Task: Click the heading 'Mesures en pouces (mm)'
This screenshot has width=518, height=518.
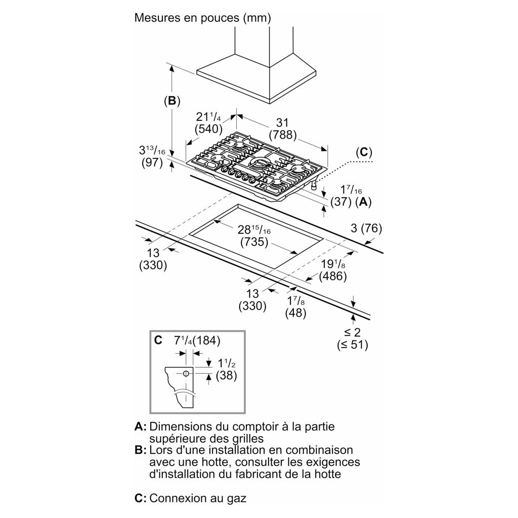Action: point(202,19)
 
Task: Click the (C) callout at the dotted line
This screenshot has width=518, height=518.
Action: point(363,152)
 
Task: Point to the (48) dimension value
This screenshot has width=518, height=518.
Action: point(295,313)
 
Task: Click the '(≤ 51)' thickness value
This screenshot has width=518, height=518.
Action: point(353,346)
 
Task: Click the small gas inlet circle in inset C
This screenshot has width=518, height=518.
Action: point(186,374)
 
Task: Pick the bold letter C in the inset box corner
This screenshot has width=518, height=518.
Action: point(158,340)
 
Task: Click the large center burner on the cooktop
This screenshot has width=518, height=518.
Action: point(261,163)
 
